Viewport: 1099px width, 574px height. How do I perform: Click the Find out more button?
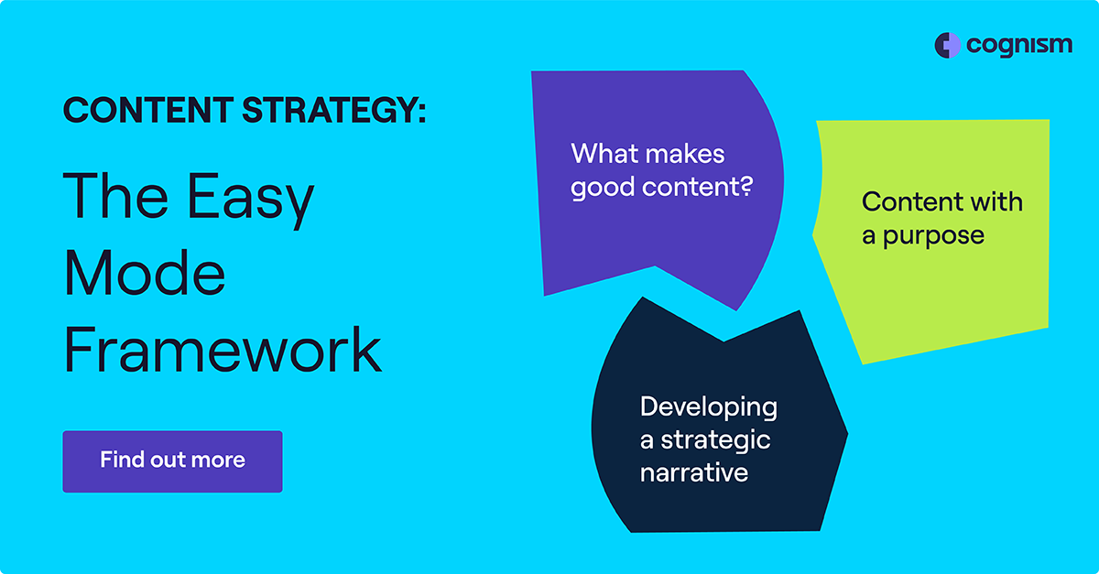[172, 461]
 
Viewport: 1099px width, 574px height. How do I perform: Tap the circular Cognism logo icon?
[947, 46]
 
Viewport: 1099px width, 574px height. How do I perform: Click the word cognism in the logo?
[1019, 46]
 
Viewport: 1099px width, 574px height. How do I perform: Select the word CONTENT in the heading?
[148, 110]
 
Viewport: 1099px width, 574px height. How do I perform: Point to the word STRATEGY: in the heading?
[334, 110]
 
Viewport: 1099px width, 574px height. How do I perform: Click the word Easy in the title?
[250, 199]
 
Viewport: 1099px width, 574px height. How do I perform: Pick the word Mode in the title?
[145, 273]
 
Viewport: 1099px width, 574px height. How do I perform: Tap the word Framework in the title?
[223, 350]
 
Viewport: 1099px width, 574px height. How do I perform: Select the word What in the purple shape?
[602, 154]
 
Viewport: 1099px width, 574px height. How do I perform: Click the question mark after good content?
[746, 187]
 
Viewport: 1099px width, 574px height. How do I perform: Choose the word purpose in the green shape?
[933, 237]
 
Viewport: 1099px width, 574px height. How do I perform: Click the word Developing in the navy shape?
[709, 408]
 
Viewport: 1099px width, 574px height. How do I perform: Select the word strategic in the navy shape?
[715, 441]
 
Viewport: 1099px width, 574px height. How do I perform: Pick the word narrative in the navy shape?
[694, 473]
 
